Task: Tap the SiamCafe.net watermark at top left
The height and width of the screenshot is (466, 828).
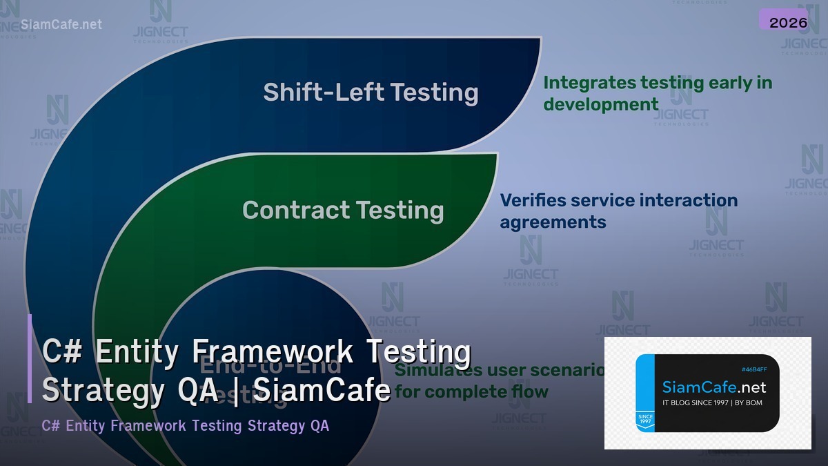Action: pyautogui.click(x=61, y=24)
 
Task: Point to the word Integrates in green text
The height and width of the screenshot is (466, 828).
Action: pyautogui.click(x=589, y=83)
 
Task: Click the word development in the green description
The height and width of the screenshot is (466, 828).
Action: pyautogui.click(x=601, y=104)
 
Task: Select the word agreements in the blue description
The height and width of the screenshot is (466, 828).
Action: pyautogui.click(x=553, y=222)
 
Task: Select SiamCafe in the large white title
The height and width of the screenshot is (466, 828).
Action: pyautogui.click(x=322, y=391)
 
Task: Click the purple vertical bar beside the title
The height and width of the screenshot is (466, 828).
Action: pyautogui.click(x=30, y=358)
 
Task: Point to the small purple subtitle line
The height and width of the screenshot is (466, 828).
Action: pyautogui.click(x=186, y=425)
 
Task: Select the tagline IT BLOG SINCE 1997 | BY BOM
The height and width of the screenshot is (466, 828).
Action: pyautogui.click(x=712, y=402)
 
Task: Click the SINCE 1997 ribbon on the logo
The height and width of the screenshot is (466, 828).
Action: pyautogui.click(x=645, y=420)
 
